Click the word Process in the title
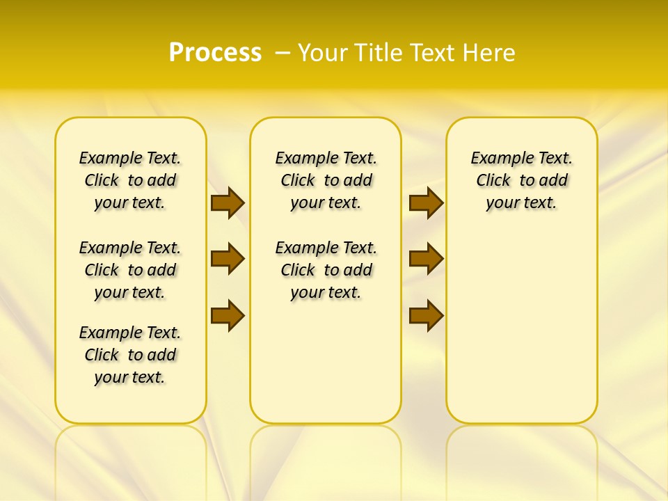pos(215,53)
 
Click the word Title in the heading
pos(379,53)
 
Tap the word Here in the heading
pos(490,53)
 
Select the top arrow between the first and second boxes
pos(228,202)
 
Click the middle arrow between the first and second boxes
pos(228,259)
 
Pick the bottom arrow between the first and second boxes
pos(228,315)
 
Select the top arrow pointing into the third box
pos(426,202)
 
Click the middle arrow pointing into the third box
pos(426,259)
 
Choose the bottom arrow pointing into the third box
pos(426,315)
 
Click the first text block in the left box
pos(130,180)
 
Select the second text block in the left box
pos(130,270)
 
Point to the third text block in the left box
pos(130,355)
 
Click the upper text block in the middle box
pos(326,180)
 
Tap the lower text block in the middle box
pos(326,270)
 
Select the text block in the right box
pos(521,180)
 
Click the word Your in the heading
pos(324,53)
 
